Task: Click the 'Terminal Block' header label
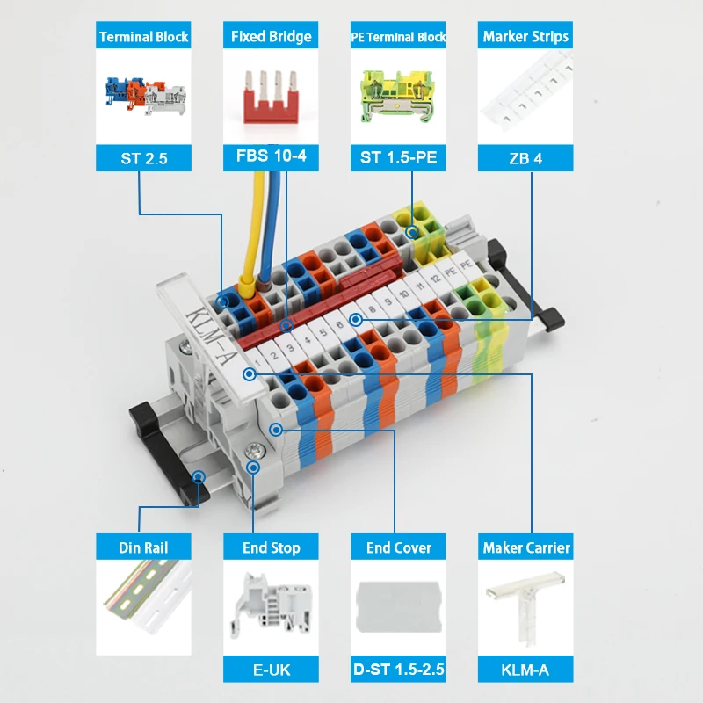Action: click(x=143, y=36)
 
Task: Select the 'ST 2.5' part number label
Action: click(x=144, y=158)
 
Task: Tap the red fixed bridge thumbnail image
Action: click(x=271, y=97)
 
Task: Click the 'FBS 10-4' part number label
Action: click(x=271, y=156)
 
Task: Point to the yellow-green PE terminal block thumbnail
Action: click(x=398, y=97)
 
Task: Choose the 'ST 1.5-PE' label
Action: click(x=398, y=157)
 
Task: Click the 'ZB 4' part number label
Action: click(x=525, y=158)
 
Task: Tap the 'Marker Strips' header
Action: click(x=525, y=36)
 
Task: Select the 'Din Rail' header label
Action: click(x=143, y=547)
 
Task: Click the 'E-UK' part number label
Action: click(x=272, y=670)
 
